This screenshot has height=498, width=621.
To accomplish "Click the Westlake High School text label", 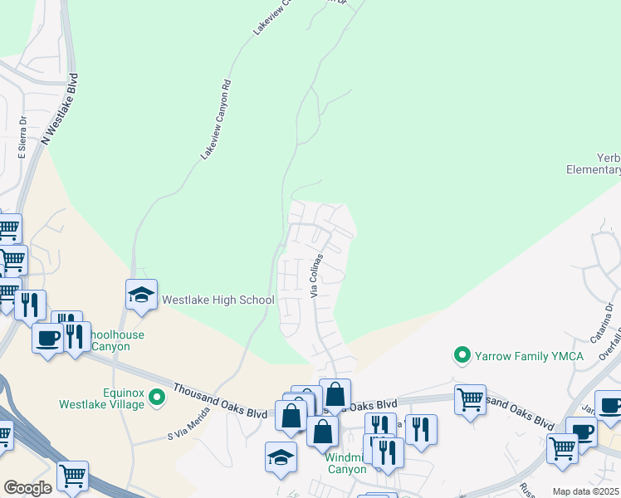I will pos(218,300).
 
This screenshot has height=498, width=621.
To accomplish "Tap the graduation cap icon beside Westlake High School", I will pos(141,295).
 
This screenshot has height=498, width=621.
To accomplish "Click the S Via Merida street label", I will pos(188,428).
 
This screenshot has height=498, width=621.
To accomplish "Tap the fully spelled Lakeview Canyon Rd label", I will pos(214,120).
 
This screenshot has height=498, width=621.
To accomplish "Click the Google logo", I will pos(27,487).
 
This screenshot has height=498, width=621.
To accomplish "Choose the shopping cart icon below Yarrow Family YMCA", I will pos(469,399).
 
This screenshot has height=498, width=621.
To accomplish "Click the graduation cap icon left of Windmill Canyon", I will pos(281,456).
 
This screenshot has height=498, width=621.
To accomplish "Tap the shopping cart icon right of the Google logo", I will pos(72,476).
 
